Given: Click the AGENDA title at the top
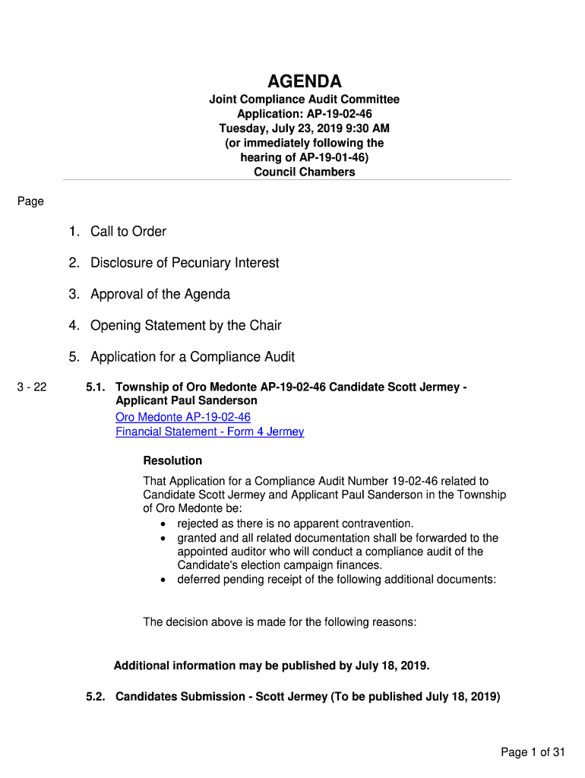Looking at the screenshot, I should pos(304,81).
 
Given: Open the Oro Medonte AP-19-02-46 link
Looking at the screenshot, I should pos(182,417).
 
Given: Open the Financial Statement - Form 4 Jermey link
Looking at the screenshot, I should pos(210,432).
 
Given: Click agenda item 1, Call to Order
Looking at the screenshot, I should pos(128,232).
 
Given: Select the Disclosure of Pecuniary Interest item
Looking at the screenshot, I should pos(185,263).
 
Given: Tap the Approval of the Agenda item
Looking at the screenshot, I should pos(160,294).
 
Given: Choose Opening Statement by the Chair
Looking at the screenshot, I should pos(185,325).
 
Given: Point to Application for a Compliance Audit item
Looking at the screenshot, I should pos(192,357).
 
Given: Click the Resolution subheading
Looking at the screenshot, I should pos(172,460).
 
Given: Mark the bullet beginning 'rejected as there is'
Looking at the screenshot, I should pos(296,523).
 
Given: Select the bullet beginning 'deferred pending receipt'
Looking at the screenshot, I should pos(337,579).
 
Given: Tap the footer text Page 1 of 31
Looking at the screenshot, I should pos(533,752).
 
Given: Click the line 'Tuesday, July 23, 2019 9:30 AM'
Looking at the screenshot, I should pos(304,128).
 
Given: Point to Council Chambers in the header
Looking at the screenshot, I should pos(304,172).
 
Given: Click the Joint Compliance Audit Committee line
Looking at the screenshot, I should pos(304,100).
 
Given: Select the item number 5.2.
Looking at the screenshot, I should pos(96,697).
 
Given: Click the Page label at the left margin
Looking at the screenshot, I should pos(30,201).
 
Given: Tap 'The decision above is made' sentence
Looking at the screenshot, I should pos(280,622).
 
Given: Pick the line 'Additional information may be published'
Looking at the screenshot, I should pos(271,666).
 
